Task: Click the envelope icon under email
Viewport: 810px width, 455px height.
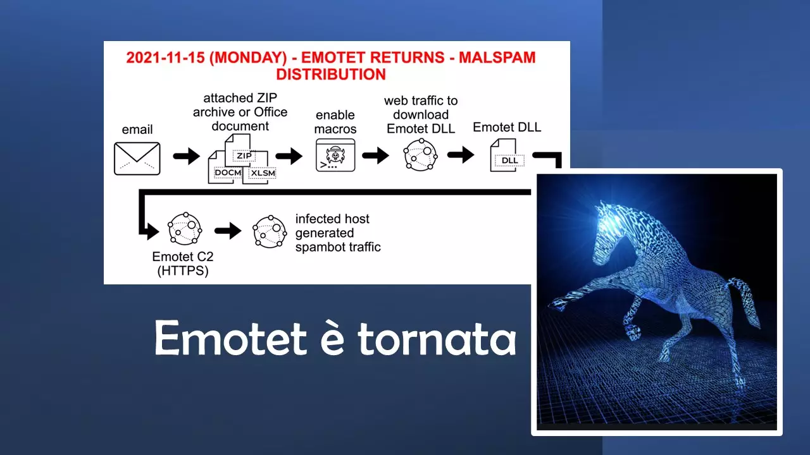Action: coord(137,159)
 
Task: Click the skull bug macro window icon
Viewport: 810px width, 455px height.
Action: coord(335,155)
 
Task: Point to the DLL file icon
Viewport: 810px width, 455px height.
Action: coord(506,155)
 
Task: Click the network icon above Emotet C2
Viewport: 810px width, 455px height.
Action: coord(185,229)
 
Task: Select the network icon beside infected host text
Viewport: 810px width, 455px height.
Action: coord(270,231)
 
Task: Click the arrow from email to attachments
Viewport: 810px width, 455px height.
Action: coord(186,156)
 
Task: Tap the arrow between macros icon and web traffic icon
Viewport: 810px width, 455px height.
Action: coord(375,155)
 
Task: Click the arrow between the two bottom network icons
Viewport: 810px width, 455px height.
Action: coord(228,231)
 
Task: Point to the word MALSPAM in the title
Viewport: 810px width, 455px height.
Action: coord(497,58)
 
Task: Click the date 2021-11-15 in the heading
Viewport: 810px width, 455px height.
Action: coord(165,58)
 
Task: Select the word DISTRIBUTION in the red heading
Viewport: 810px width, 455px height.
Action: coord(331,75)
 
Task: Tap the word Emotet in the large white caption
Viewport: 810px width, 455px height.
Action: coord(231,338)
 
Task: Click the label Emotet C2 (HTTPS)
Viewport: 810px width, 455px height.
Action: coord(183,264)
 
